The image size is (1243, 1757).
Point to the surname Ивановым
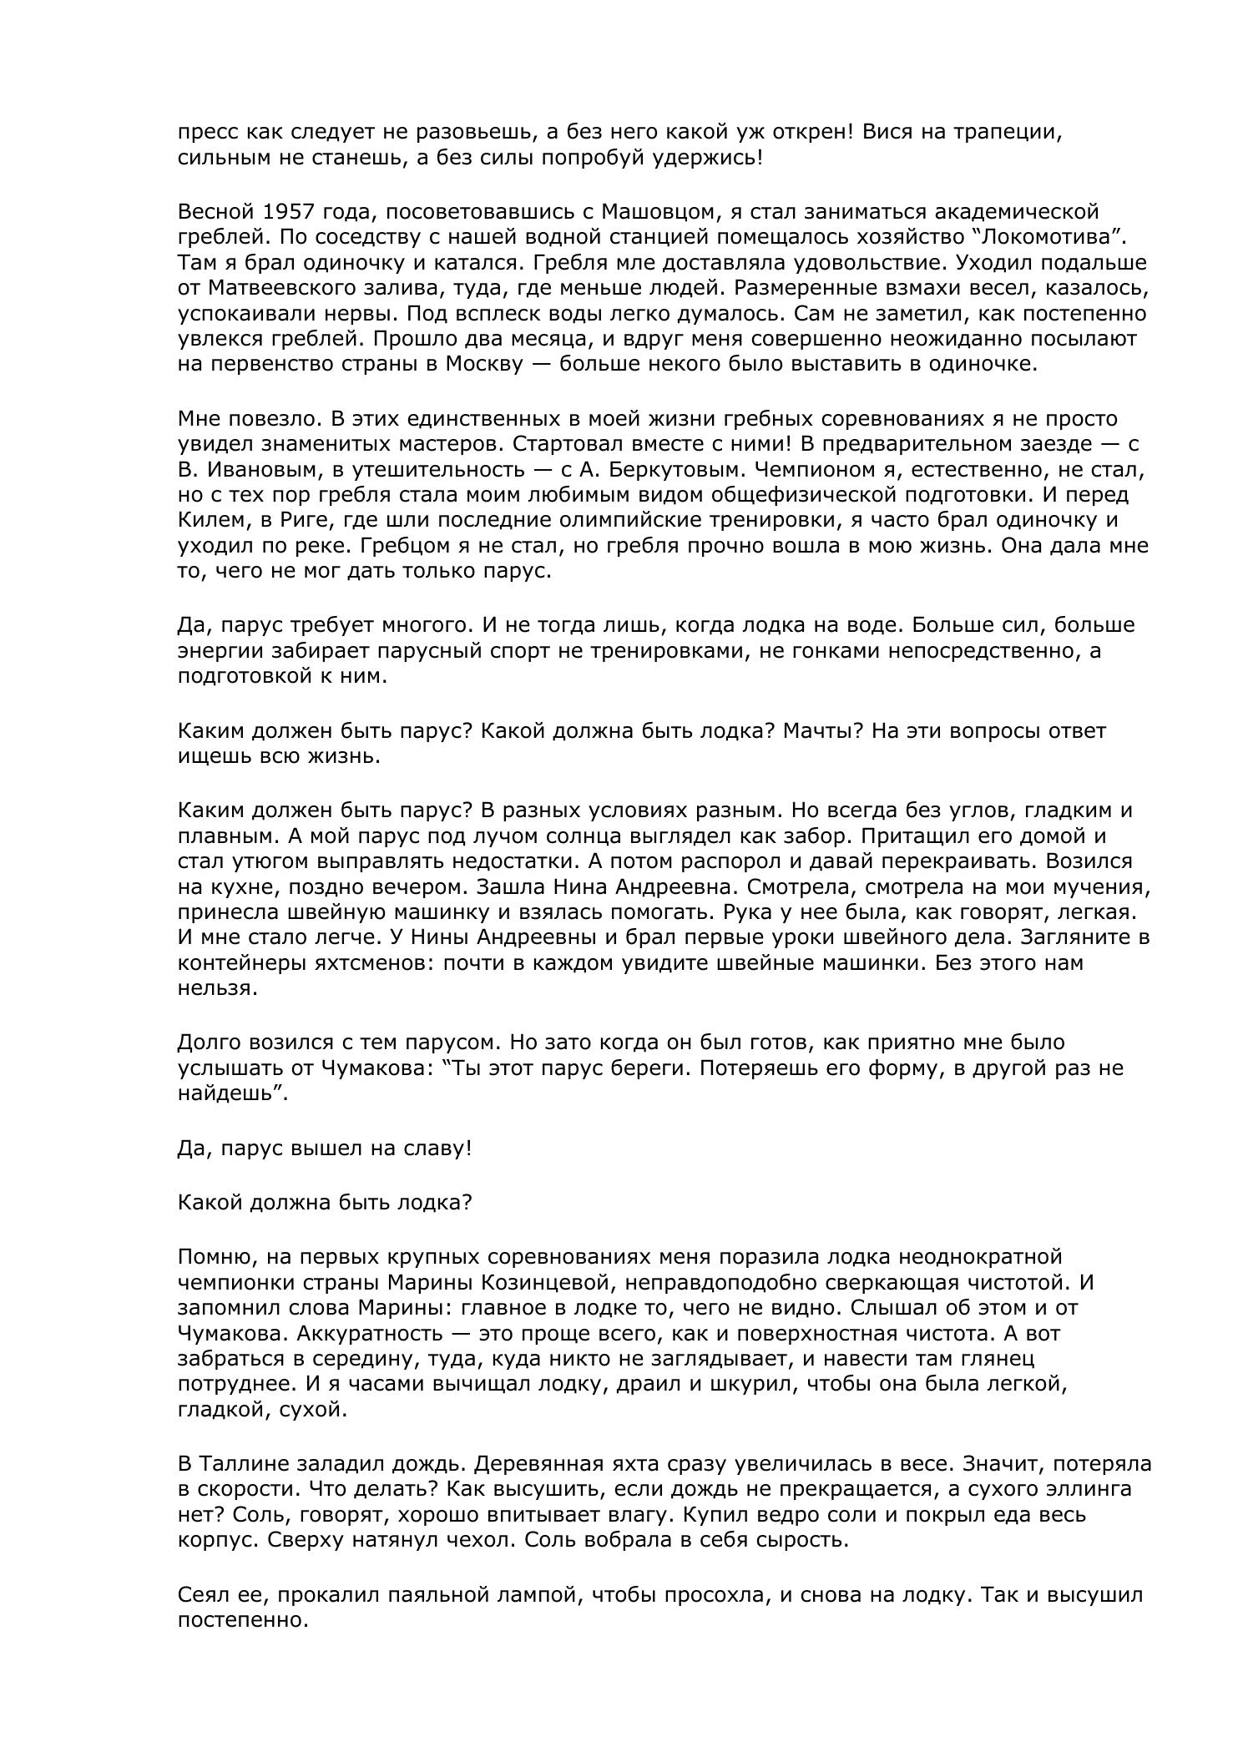pyautogui.click(x=256, y=469)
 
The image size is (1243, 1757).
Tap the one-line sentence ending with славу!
pyautogui.click(x=325, y=1149)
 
